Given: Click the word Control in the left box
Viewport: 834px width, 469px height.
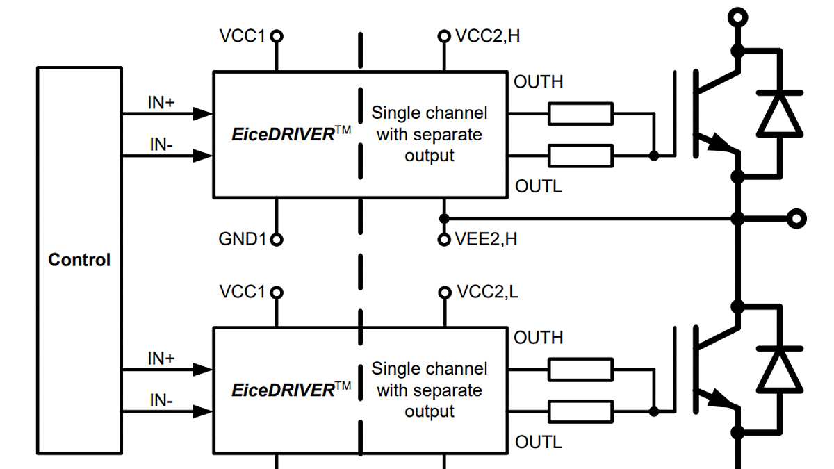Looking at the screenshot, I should click(x=79, y=260).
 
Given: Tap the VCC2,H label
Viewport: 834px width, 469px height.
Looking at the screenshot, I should click(x=487, y=36).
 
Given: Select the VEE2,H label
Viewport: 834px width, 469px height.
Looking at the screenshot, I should click(x=486, y=239).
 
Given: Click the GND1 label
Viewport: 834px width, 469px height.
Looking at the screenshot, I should click(x=243, y=240).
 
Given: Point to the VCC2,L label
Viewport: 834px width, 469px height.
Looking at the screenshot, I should click(x=487, y=292).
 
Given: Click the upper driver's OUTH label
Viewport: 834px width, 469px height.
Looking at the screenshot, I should click(x=538, y=82).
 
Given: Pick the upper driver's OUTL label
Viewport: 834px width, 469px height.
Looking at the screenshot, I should click(x=538, y=186).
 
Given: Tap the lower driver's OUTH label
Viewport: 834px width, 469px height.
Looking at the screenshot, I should click(x=538, y=338).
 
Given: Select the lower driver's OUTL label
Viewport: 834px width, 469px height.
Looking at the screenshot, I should click(x=538, y=442).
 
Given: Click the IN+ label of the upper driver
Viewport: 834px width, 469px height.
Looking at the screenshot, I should click(x=161, y=103).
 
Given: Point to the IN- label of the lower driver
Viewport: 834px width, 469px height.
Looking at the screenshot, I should click(x=161, y=400).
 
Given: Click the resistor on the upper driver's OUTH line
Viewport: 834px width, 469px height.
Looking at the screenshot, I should click(x=580, y=113).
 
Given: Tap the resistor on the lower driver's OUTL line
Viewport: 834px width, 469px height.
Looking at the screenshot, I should click(x=580, y=411).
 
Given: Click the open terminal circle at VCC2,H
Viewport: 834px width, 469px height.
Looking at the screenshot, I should click(x=443, y=36).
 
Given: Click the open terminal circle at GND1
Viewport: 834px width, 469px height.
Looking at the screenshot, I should click(x=277, y=240).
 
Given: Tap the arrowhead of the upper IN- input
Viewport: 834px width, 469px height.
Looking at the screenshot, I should click(x=202, y=156).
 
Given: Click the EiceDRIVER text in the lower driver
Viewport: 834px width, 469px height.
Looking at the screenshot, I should click(x=284, y=390).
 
